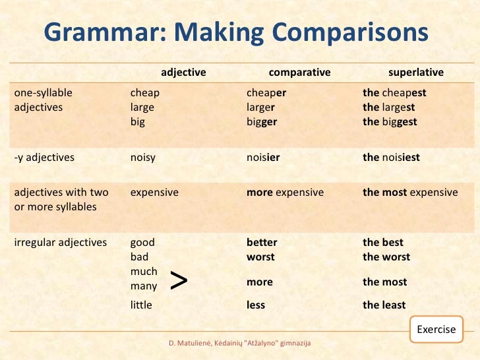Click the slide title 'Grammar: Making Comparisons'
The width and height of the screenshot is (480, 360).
(236, 32)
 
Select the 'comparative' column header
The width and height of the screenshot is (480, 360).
(299, 73)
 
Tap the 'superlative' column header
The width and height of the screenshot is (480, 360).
(415, 73)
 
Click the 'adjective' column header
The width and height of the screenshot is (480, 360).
(184, 73)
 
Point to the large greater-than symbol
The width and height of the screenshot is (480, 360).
(179, 280)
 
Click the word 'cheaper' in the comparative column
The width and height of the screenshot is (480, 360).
(266, 93)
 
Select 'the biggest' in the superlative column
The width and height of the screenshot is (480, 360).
(390, 122)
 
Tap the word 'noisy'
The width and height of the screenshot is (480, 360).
(143, 158)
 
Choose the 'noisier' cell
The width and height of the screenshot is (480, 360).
(264, 158)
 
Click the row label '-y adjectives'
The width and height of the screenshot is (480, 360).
(44, 158)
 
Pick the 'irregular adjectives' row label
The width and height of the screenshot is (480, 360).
(61, 242)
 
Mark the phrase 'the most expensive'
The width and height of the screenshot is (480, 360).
(410, 193)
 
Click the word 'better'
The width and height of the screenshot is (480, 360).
(262, 242)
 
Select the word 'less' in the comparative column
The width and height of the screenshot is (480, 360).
(256, 305)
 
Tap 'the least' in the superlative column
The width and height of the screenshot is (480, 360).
(384, 305)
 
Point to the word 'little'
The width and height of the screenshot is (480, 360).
(141, 305)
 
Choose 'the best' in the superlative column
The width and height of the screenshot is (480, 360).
(383, 242)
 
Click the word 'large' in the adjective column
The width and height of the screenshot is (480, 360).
(142, 107)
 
